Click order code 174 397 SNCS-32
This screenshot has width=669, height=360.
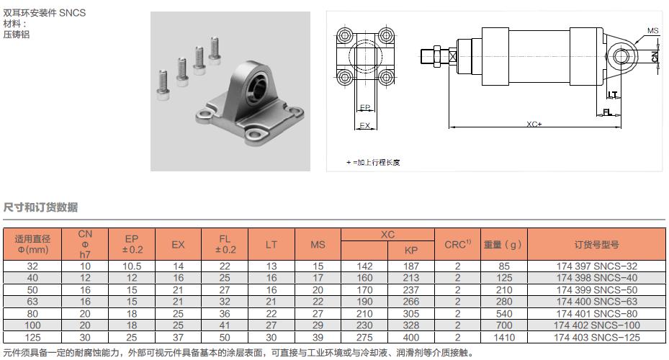coord(596,266)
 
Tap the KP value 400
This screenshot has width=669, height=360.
coord(411,336)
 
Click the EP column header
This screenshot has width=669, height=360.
coord(132,244)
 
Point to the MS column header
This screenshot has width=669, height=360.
coord(318,245)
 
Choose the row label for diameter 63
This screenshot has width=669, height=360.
coord(32,301)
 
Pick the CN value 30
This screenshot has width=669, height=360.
coord(85,336)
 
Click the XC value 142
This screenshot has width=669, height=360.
coord(364,266)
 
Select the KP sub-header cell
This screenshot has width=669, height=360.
coord(411,250)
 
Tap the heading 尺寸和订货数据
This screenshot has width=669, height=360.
coord(41,207)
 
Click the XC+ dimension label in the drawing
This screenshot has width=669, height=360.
coord(534,124)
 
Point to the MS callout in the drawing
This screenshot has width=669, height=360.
coord(652,31)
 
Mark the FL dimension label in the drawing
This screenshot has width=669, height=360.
coord(608,112)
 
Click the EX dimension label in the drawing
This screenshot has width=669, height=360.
coord(364,125)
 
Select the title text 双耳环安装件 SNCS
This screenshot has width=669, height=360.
coord(45,13)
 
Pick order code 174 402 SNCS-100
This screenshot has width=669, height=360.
coord(596,325)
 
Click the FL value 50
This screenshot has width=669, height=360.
coord(225,336)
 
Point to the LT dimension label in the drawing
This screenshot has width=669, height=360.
coord(612,94)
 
